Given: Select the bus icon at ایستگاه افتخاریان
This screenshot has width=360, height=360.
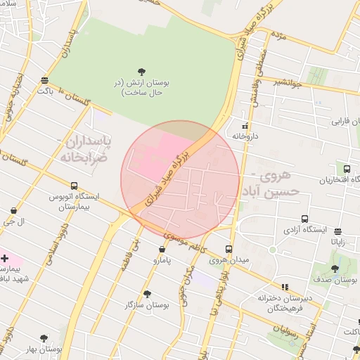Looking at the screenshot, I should coord(347,169).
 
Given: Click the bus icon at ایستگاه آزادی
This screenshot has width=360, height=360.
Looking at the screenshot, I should coord(304,219).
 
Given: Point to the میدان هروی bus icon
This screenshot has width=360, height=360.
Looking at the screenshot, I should coord(229,249).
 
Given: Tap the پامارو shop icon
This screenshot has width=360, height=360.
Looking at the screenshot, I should coord(162,249).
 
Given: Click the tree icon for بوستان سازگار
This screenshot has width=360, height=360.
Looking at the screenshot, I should coord(147,294).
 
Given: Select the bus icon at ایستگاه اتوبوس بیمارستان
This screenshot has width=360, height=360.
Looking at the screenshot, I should coord(75,186).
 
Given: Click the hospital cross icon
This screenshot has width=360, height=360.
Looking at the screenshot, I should coord(5,259).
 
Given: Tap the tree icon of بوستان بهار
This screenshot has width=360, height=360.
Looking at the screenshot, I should coord(44,338).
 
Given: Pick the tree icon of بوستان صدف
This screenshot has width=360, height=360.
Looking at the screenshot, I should coord(335,268).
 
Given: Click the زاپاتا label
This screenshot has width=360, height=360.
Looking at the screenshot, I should coord(339,241).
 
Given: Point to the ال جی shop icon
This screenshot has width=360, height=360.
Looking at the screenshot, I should coord(14,210).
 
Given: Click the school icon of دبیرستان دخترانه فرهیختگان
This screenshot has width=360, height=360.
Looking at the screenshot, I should coord(285,287).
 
